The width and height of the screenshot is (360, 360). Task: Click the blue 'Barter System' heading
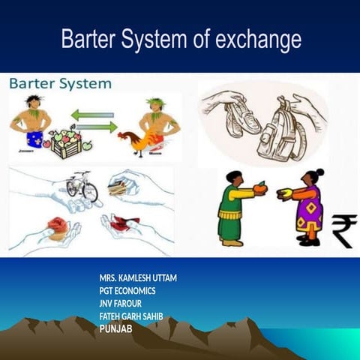(x=60, y=83)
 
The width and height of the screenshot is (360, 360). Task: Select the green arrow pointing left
(x=92, y=115)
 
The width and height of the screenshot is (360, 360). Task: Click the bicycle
(x=82, y=186)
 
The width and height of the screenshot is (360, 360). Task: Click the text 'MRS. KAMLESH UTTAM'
(x=138, y=277)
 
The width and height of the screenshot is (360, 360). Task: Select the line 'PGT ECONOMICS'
(x=128, y=290)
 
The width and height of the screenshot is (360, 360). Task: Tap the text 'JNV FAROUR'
(x=120, y=303)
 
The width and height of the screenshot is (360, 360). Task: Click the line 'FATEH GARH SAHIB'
(x=131, y=316)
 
